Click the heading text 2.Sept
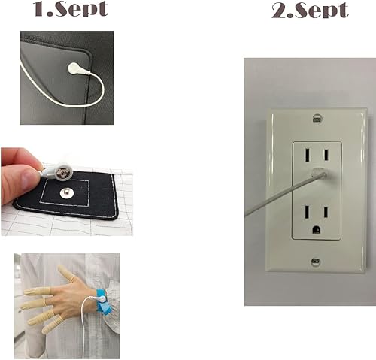click(x=309, y=11)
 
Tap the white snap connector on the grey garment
click(x=75, y=68)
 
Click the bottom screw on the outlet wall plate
click(x=317, y=262)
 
